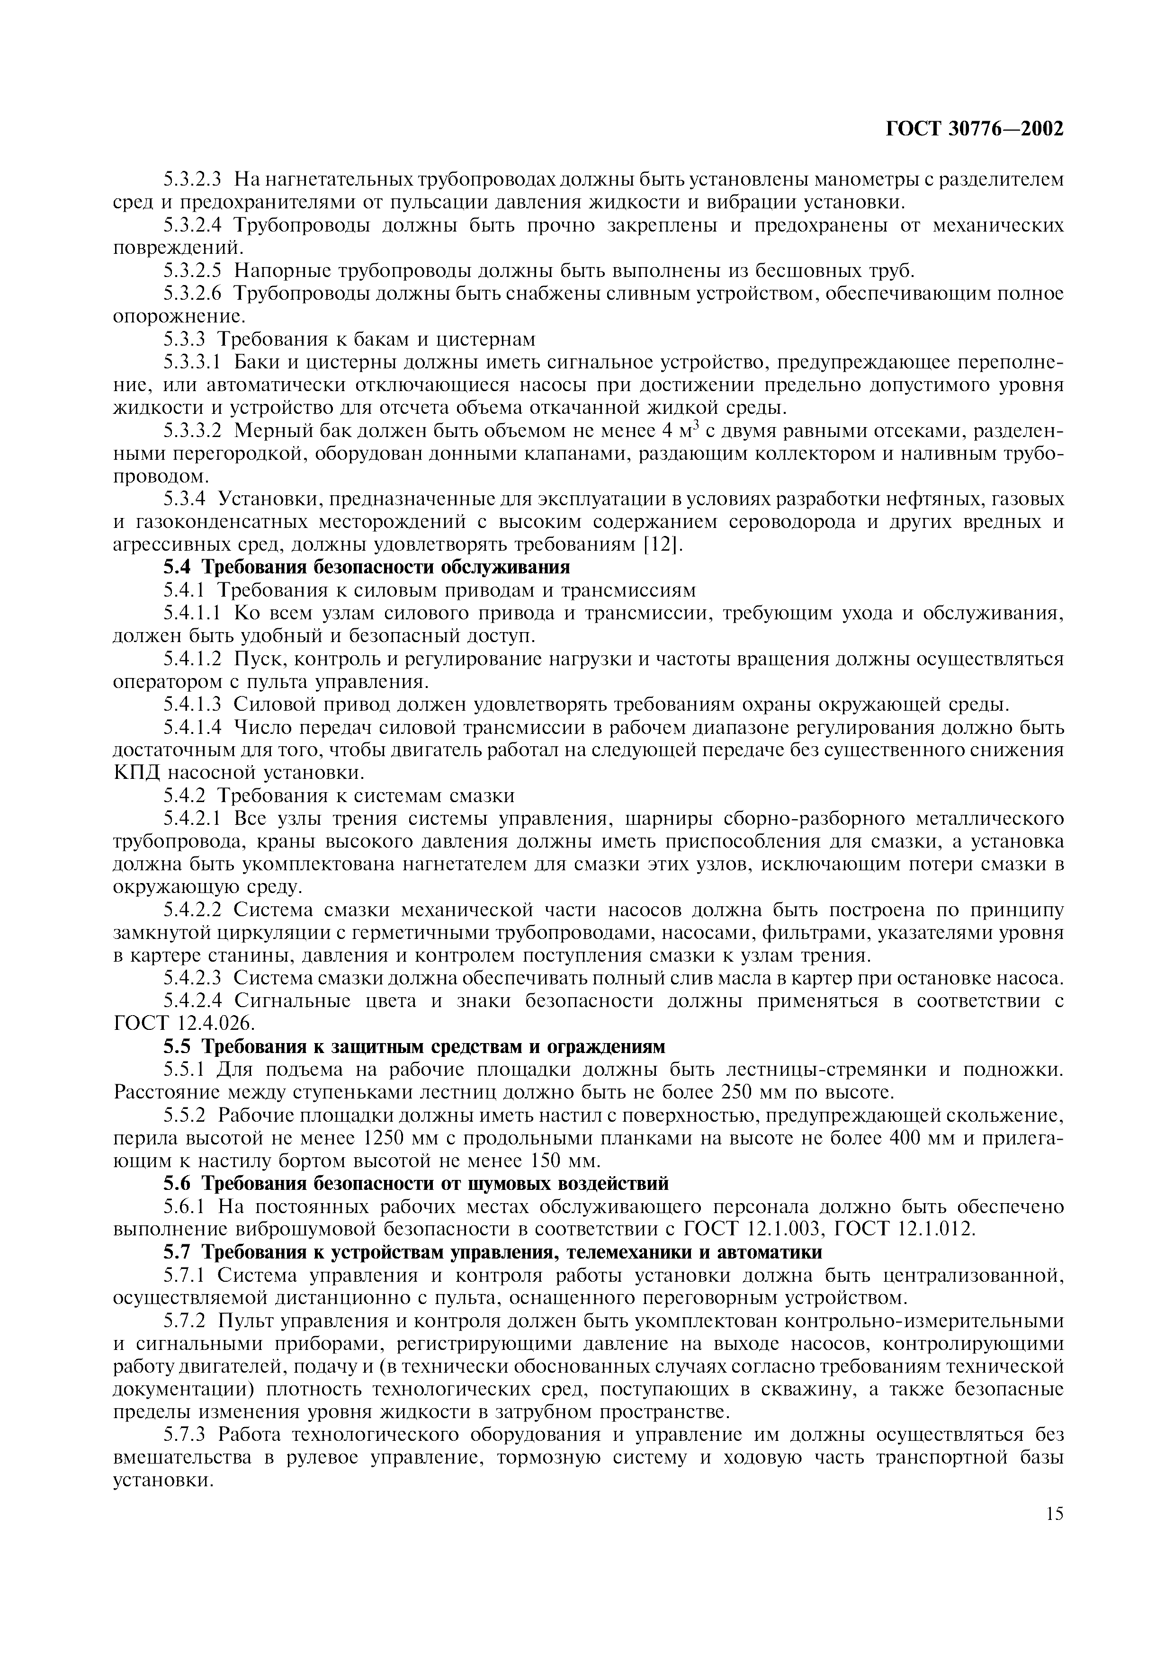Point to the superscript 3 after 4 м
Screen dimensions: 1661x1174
pos(695,426)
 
